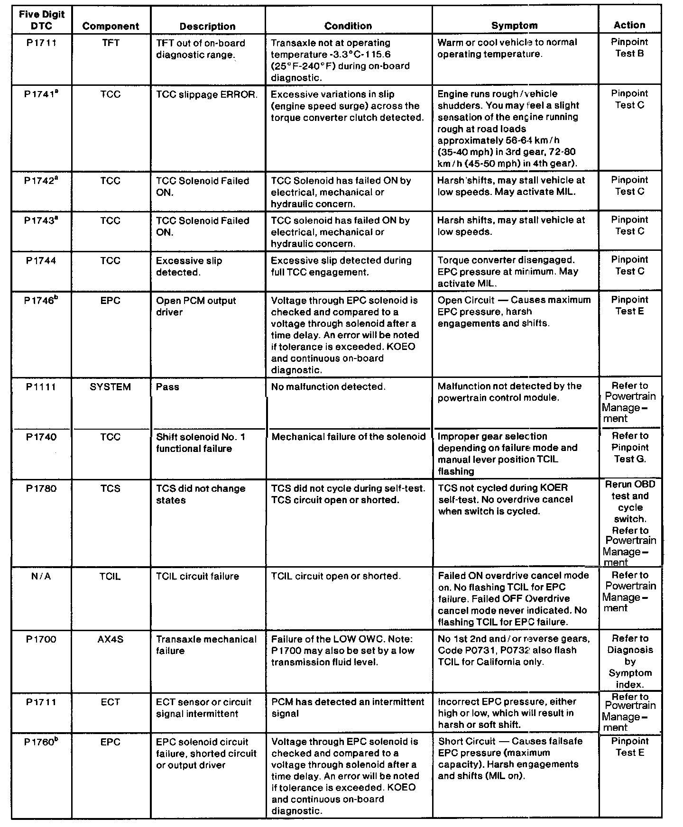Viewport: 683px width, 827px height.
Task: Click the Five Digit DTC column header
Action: (41, 20)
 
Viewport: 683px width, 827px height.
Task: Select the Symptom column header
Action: (515, 26)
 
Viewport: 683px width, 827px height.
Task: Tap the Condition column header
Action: (348, 26)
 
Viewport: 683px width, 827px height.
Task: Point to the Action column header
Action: (629, 25)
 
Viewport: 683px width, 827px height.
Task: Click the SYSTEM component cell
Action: (111, 387)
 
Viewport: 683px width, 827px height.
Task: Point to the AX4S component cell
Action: (111, 639)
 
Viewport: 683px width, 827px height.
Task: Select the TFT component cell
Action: (111, 43)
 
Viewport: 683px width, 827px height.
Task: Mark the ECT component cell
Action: (111, 702)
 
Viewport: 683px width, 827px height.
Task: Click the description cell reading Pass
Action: (168, 387)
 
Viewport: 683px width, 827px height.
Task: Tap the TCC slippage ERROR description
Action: (207, 94)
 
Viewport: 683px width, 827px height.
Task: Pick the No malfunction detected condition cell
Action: (328, 387)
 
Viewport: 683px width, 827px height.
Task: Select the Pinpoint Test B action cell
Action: (629, 48)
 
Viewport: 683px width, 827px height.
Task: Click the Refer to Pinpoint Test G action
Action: (630, 447)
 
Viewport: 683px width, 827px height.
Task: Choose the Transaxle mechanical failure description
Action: (206, 645)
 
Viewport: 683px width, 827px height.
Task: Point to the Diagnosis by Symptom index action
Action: (630, 662)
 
